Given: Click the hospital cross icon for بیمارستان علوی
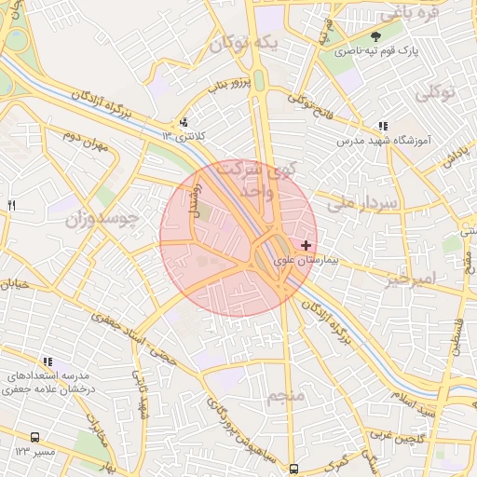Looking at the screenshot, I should [x=307, y=244].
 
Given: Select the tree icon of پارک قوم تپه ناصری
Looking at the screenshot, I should [x=375, y=36].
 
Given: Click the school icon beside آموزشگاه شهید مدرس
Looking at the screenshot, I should [x=383, y=126].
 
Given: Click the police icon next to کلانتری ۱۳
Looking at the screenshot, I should [x=184, y=121].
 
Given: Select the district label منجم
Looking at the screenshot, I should [x=286, y=398].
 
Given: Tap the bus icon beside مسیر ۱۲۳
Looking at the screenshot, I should [x=35, y=436].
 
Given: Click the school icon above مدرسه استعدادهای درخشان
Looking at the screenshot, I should [x=47, y=361].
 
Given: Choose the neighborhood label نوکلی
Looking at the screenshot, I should [x=434, y=93].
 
